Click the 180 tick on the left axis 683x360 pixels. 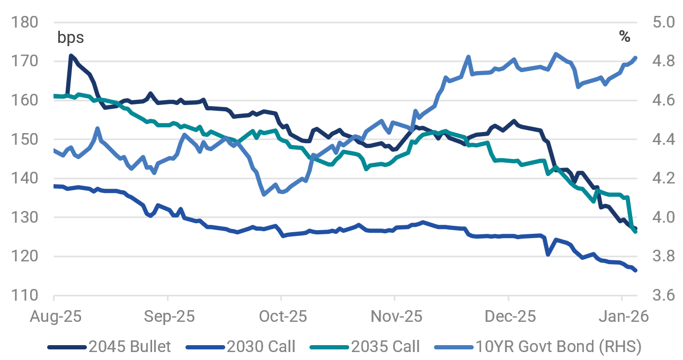coord(24,22)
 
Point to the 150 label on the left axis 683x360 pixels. coord(24,139)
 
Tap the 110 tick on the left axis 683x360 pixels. coord(24,295)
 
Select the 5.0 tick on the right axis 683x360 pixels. coord(663,22)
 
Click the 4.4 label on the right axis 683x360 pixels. coord(663,139)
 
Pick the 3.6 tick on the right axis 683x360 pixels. coord(663,295)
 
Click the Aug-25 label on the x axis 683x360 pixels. coord(56,317)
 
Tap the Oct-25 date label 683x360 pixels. coord(283,317)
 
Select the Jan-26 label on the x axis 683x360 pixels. coord(624,317)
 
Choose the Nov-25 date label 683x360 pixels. coord(396,317)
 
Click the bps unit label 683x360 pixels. coord(70,38)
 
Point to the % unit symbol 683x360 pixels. coord(625,37)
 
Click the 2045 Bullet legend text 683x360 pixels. coord(130,347)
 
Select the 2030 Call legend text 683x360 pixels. coord(261,347)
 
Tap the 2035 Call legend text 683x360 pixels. coord(385,347)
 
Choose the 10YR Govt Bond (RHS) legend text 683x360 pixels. coord(558,347)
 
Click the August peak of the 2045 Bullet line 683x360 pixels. coord(71,56)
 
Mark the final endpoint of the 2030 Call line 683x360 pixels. coord(635,270)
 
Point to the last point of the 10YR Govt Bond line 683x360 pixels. coord(635,58)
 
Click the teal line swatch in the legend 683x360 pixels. coord(329,347)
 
